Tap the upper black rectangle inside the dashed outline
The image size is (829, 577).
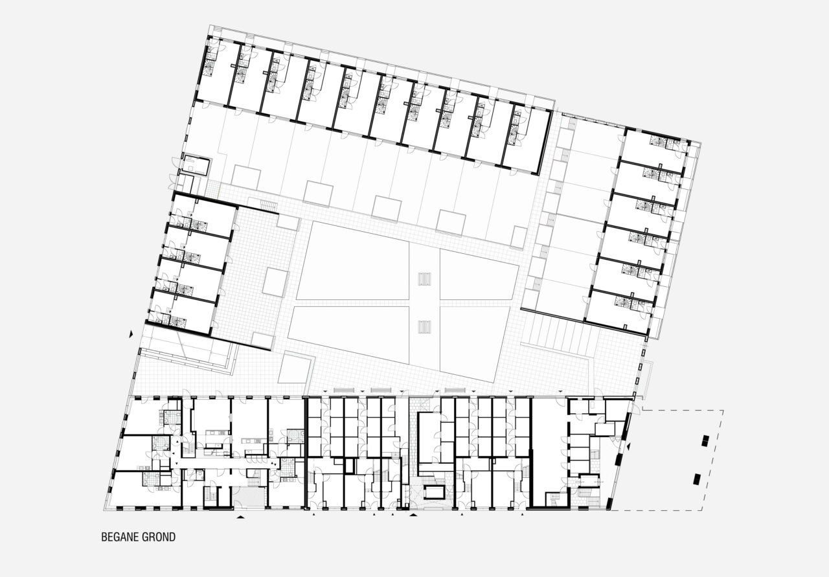pos(706,440)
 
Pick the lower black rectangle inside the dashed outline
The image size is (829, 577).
pos(698,479)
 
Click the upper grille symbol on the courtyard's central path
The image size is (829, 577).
pos(424,278)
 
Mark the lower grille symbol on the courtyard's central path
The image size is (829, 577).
pos(424,327)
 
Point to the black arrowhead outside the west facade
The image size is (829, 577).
pos(131,334)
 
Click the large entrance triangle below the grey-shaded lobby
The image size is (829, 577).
pos(241,517)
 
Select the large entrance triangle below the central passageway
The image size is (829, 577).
pos(413,514)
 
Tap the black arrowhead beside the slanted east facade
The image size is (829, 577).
pos(628,447)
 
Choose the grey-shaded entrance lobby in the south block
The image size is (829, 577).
pos(249,497)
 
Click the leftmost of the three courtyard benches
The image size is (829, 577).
pos(344,390)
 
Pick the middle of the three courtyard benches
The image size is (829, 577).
pos(381,390)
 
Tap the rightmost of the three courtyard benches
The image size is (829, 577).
pos(455,390)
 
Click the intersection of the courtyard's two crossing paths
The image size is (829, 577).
pos(424,303)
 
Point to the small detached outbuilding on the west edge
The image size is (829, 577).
pos(196,165)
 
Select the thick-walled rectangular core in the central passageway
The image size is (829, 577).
pos(435,493)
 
